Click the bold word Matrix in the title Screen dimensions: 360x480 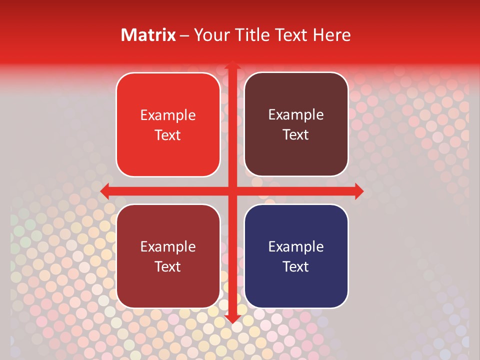148,35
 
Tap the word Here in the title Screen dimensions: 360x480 331,35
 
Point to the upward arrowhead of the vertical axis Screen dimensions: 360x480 232,66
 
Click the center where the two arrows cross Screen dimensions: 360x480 232,191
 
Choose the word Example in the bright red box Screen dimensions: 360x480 168,115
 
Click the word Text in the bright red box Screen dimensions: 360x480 168,135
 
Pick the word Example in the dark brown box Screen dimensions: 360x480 296,115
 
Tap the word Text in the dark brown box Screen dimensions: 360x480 296,135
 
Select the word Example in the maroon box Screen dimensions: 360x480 168,246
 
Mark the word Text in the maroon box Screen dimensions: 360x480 168,266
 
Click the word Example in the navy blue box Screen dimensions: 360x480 296,246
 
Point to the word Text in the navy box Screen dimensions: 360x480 296,266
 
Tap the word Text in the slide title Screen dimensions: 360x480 292,35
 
